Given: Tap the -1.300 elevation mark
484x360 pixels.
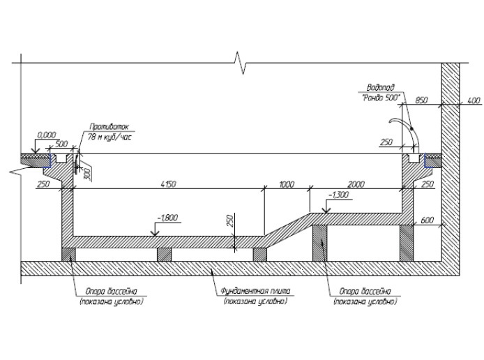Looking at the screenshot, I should [x=338, y=195].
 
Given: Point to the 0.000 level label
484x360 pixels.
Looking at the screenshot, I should [x=47, y=134].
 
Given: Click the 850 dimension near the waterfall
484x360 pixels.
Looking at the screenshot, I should [x=421, y=100].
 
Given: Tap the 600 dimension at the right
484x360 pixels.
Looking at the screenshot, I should [x=427, y=220].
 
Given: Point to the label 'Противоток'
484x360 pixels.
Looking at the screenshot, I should [x=106, y=127].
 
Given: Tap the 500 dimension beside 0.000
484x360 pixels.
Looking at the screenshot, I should [x=61, y=143].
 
